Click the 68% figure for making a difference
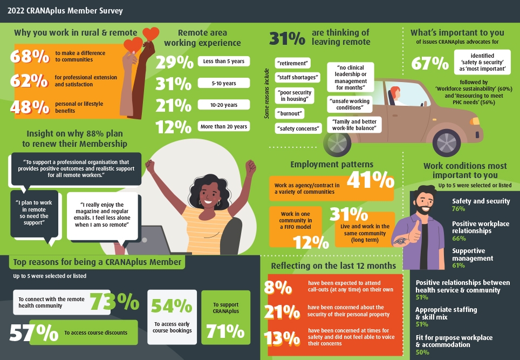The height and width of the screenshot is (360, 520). pos(30,56)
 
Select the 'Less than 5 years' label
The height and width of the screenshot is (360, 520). pos(224,62)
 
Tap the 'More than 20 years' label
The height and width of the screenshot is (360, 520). pos(224,126)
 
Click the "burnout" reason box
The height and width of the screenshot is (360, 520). pos(290,114)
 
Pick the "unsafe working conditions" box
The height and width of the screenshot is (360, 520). pos(348,104)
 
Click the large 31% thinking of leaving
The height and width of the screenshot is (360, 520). pos(287,38)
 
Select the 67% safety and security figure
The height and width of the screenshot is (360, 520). pos(429,63)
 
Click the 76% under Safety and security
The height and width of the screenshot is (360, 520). pos(459,209)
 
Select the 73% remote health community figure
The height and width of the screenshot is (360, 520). pos(114,302)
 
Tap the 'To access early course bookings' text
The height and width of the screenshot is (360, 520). pos(172,327)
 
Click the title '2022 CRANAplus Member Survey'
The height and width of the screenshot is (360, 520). pos(65,10)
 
